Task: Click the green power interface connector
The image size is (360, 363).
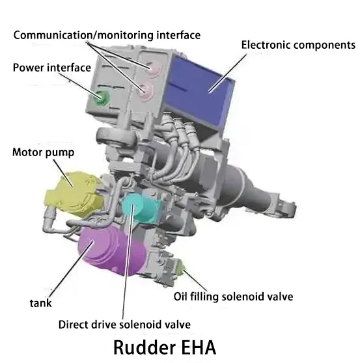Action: [102, 98]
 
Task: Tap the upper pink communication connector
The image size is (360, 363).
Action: [154, 68]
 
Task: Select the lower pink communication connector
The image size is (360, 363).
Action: [146, 92]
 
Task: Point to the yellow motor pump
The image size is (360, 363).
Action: [75, 194]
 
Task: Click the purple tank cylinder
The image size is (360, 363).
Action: [112, 250]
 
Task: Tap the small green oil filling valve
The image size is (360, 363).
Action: [180, 269]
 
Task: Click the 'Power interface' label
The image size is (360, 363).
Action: [52, 68]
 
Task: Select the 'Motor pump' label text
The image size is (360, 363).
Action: [44, 153]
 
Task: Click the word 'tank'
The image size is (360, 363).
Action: [41, 303]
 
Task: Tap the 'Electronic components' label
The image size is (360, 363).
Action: [298, 45]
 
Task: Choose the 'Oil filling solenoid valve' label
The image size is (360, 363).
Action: [233, 297]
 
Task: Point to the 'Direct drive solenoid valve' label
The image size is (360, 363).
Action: [124, 325]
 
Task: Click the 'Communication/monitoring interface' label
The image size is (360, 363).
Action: [107, 35]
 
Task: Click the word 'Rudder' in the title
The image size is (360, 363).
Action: [145, 347]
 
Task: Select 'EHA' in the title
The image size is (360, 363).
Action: [199, 347]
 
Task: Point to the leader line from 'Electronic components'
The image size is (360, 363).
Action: [228, 73]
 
